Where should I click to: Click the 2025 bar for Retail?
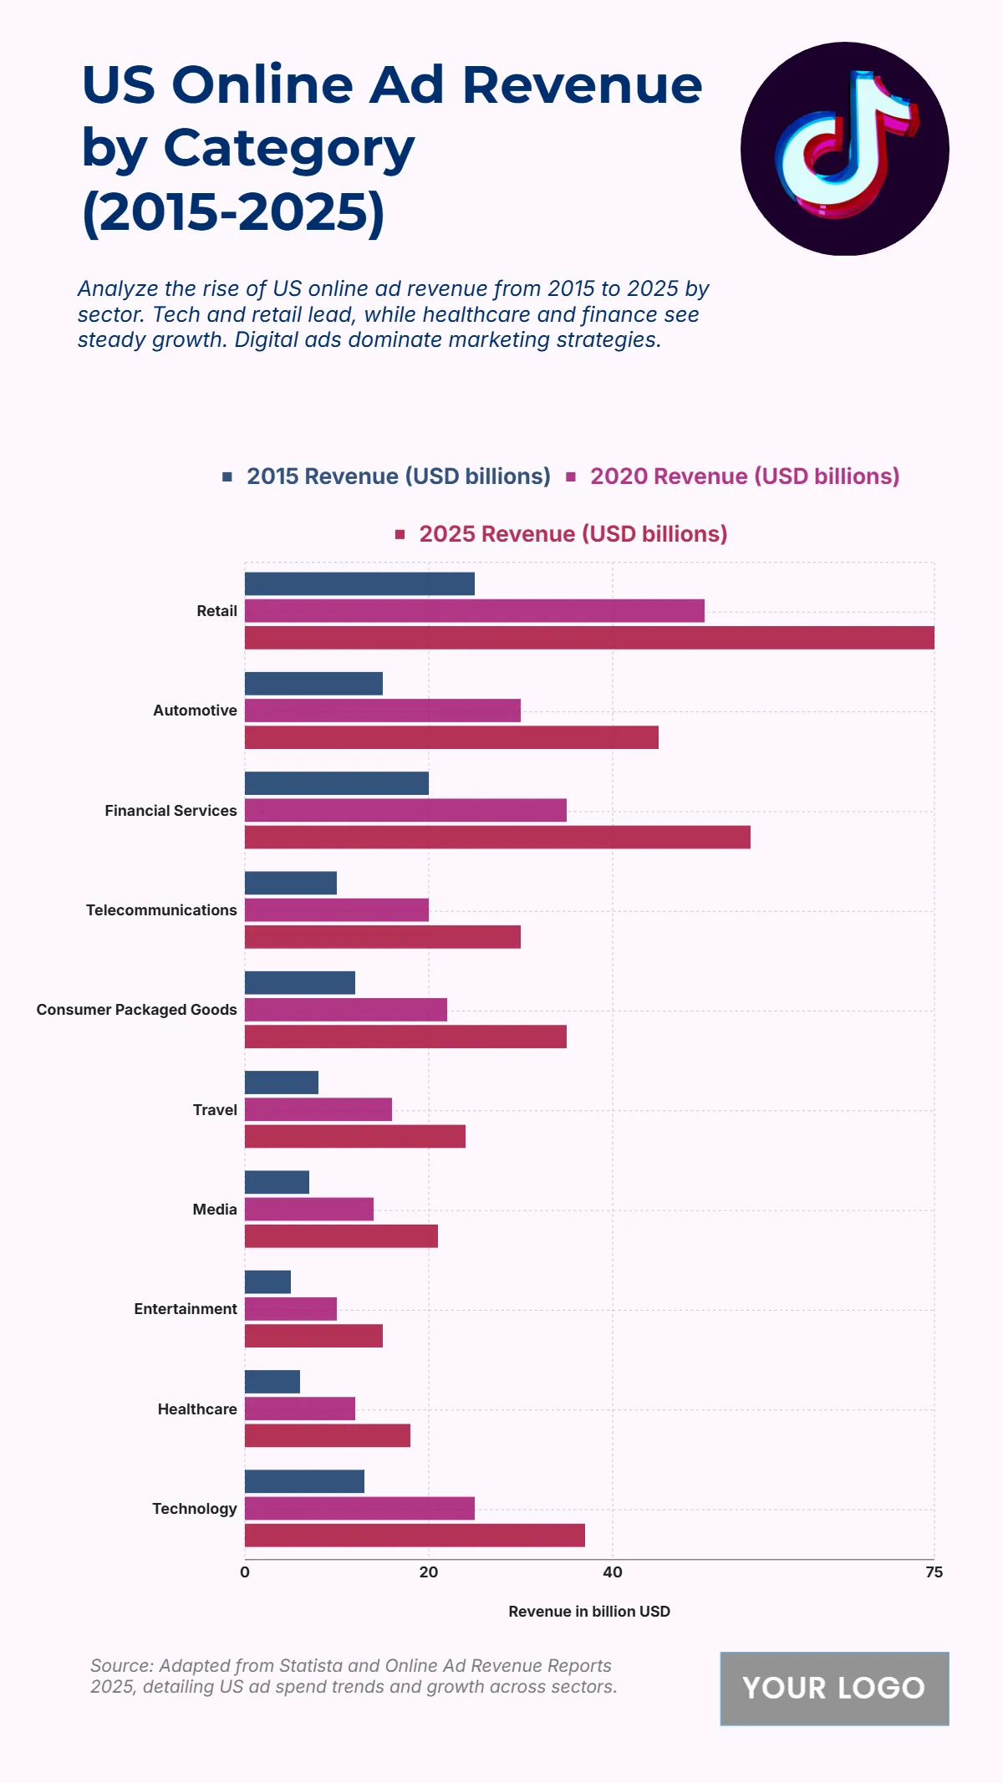tap(589, 638)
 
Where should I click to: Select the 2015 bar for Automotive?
tap(313, 684)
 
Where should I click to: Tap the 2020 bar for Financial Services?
tap(405, 810)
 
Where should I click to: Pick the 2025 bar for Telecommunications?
tap(382, 937)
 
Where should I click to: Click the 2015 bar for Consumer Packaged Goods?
tap(299, 983)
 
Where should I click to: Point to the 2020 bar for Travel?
tap(318, 1109)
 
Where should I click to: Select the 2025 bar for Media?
tap(341, 1236)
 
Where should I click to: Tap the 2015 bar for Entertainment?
tap(267, 1282)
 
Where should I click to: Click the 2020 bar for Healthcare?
tap(299, 1409)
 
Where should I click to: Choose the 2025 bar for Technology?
tap(415, 1536)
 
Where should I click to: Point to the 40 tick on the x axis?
tap(613, 1572)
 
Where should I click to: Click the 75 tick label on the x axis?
tap(934, 1572)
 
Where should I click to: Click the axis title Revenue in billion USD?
tap(589, 1612)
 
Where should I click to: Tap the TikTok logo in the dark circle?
tap(845, 149)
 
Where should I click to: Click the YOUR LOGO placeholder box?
tap(834, 1689)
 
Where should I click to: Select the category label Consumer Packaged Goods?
tap(136, 1010)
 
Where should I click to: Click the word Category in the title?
tap(288, 148)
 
